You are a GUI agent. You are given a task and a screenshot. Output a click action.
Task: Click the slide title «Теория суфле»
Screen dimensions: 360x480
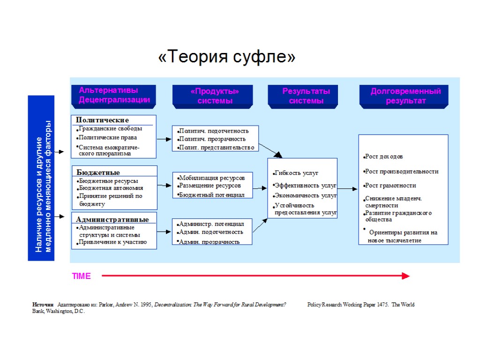coord(227,57)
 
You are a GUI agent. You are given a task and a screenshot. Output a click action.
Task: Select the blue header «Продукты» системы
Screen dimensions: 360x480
coord(212,96)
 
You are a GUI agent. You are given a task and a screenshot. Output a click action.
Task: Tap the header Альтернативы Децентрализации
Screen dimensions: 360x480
coord(114,95)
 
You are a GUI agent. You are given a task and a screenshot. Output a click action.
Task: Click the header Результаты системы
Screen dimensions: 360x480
coord(306,96)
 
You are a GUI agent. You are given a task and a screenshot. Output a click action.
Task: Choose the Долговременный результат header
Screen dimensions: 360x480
coord(405,96)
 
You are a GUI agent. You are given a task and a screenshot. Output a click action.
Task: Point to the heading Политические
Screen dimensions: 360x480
coord(102,120)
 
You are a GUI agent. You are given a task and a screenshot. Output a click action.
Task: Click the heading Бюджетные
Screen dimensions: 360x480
coord(98,172)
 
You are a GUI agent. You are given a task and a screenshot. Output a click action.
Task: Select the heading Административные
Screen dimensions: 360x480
coord(112,219)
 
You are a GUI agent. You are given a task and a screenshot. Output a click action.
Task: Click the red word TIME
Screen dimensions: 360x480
coord(81,277)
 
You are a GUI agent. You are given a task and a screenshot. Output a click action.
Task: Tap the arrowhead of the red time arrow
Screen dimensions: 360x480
coord(406,276)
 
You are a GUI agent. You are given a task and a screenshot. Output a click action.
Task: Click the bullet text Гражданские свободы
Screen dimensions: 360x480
coord(110,128)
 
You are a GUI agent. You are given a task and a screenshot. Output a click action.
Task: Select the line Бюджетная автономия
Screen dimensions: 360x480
coord(111,188)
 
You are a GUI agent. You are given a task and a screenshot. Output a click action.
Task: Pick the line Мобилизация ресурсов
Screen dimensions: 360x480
coord(211,178)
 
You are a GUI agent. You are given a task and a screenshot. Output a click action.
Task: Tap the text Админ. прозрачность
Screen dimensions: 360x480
coord(210,242)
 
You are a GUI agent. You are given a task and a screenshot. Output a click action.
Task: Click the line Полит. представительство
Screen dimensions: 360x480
coord(217,147)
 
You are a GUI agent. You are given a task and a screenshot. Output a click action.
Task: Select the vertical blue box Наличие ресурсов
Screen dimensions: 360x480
coord(41,178)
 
